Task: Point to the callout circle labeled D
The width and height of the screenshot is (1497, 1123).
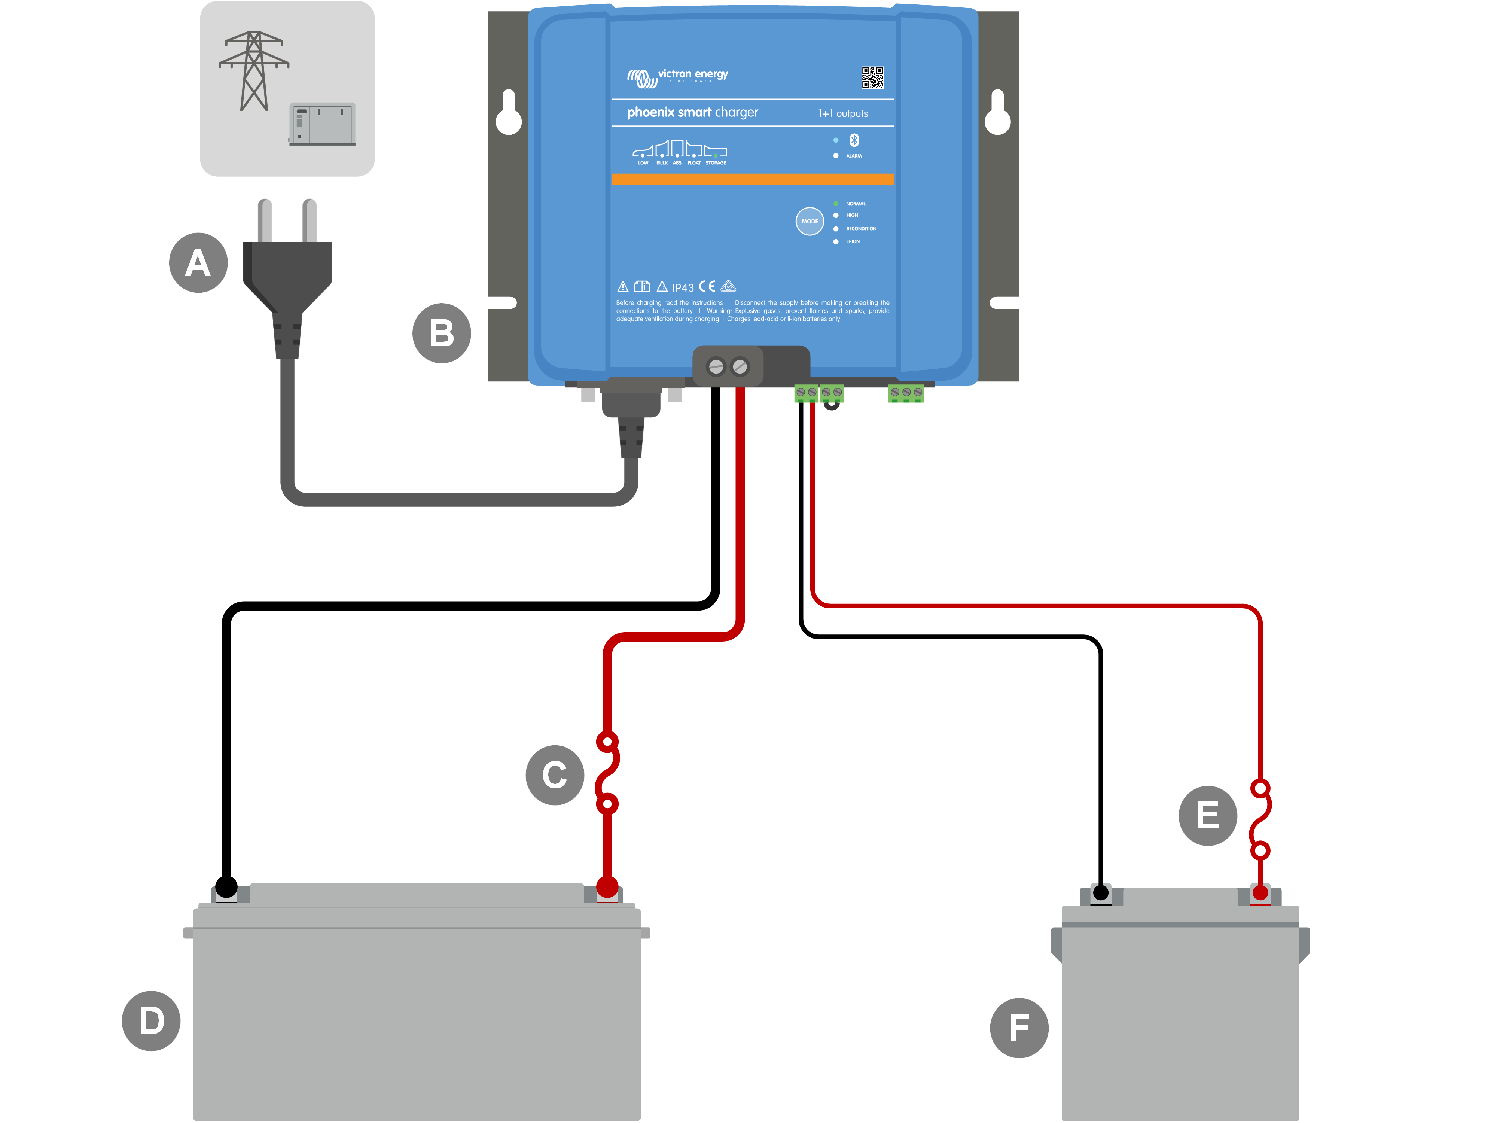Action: [151, 1021]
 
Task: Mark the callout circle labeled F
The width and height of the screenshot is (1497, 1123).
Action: [1019, 1028]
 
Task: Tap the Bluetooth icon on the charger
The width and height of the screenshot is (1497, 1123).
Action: [854, 140]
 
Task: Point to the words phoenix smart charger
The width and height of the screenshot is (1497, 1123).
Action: [692, 112]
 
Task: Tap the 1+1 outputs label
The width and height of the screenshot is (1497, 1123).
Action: [842, 113]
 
